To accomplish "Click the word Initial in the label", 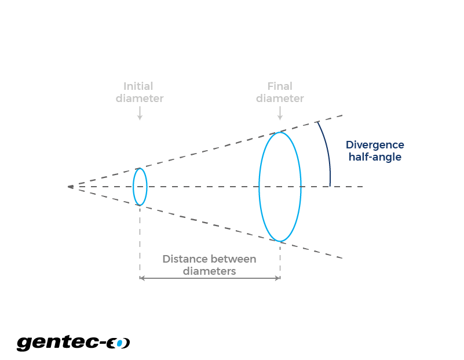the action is pos(138,86).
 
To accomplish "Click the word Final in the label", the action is pos(280,86).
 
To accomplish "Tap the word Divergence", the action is pos(375,145).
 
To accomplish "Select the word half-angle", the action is pos(375,157).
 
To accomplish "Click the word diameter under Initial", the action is pos(140,99).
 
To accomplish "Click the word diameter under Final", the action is pos(280,99).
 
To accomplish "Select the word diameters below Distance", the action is pos(210,271).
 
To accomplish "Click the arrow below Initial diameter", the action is pos(140,113).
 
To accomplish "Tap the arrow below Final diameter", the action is pos(280,113).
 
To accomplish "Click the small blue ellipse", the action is pos(133,187).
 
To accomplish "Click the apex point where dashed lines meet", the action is pos(71,187).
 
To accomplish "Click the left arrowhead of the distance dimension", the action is pos(141,278).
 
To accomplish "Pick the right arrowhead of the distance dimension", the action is pos(278,278).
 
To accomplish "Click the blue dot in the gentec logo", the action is pos(119,343).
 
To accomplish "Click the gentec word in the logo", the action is pos(58,343).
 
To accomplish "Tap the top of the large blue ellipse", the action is pos(280,132).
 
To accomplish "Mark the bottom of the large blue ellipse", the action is pos(280,242).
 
